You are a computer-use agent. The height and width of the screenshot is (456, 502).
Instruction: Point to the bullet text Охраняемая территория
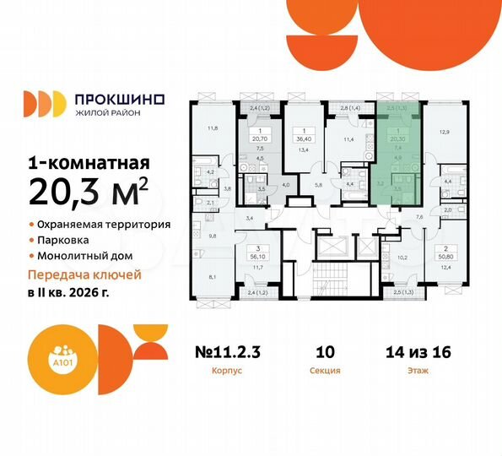[105, 225]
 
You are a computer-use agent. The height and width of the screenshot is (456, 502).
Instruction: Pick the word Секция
[325, 370]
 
